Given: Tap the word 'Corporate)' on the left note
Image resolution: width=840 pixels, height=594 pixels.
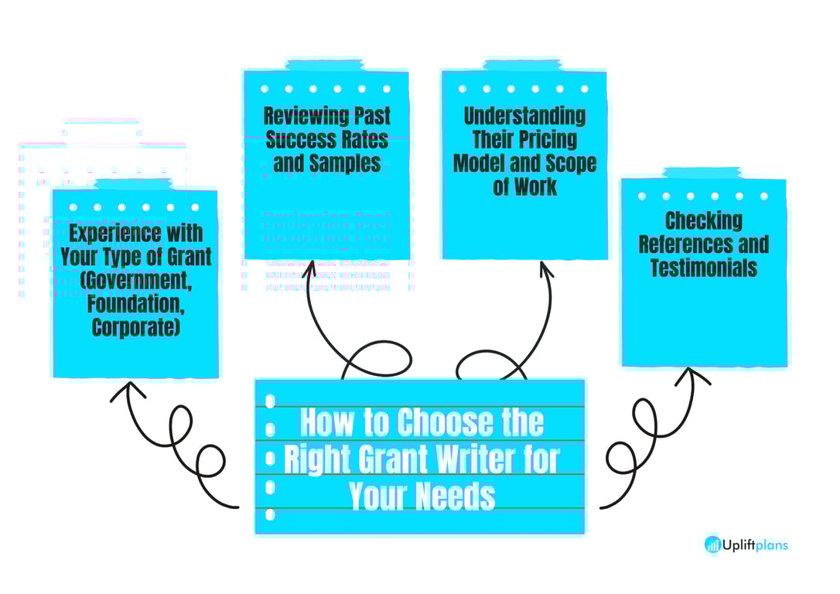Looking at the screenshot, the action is (135, 327).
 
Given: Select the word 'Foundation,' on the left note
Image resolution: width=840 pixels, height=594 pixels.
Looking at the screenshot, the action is (135, 304).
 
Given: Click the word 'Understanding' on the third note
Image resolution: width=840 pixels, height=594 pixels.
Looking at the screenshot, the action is (524, 117).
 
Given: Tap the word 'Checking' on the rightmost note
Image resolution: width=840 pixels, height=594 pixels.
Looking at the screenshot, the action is (703, 221).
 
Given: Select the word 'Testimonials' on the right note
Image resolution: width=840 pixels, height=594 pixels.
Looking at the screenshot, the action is (703, 268).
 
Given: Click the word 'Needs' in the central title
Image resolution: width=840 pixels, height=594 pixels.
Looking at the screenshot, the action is (456, 495).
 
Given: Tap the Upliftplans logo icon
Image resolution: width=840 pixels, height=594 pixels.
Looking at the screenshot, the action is (712, 544).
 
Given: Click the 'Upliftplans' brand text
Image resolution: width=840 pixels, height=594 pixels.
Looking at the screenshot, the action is (756, 545).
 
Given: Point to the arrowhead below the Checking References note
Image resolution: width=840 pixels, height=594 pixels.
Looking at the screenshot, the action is (692, 375).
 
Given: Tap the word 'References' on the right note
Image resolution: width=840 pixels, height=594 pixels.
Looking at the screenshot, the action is (703, 244).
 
